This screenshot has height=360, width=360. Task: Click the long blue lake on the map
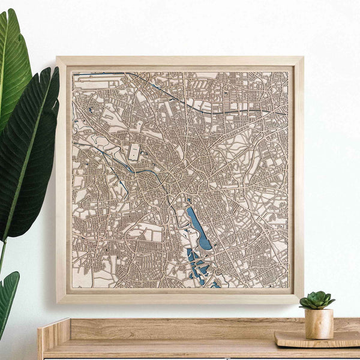pos(197,228)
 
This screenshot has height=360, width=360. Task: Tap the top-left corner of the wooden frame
pos(58,58)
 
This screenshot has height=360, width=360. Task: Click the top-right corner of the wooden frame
pos(302,58)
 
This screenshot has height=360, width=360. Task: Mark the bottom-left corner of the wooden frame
pos(58,301)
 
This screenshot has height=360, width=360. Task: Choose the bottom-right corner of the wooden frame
pos(302,301)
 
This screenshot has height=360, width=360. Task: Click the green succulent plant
pos(317,300)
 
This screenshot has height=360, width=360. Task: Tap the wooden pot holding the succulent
pos(318,324)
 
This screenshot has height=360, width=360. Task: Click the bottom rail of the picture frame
pos(180,298)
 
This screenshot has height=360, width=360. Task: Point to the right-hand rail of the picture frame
pos(298,180)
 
